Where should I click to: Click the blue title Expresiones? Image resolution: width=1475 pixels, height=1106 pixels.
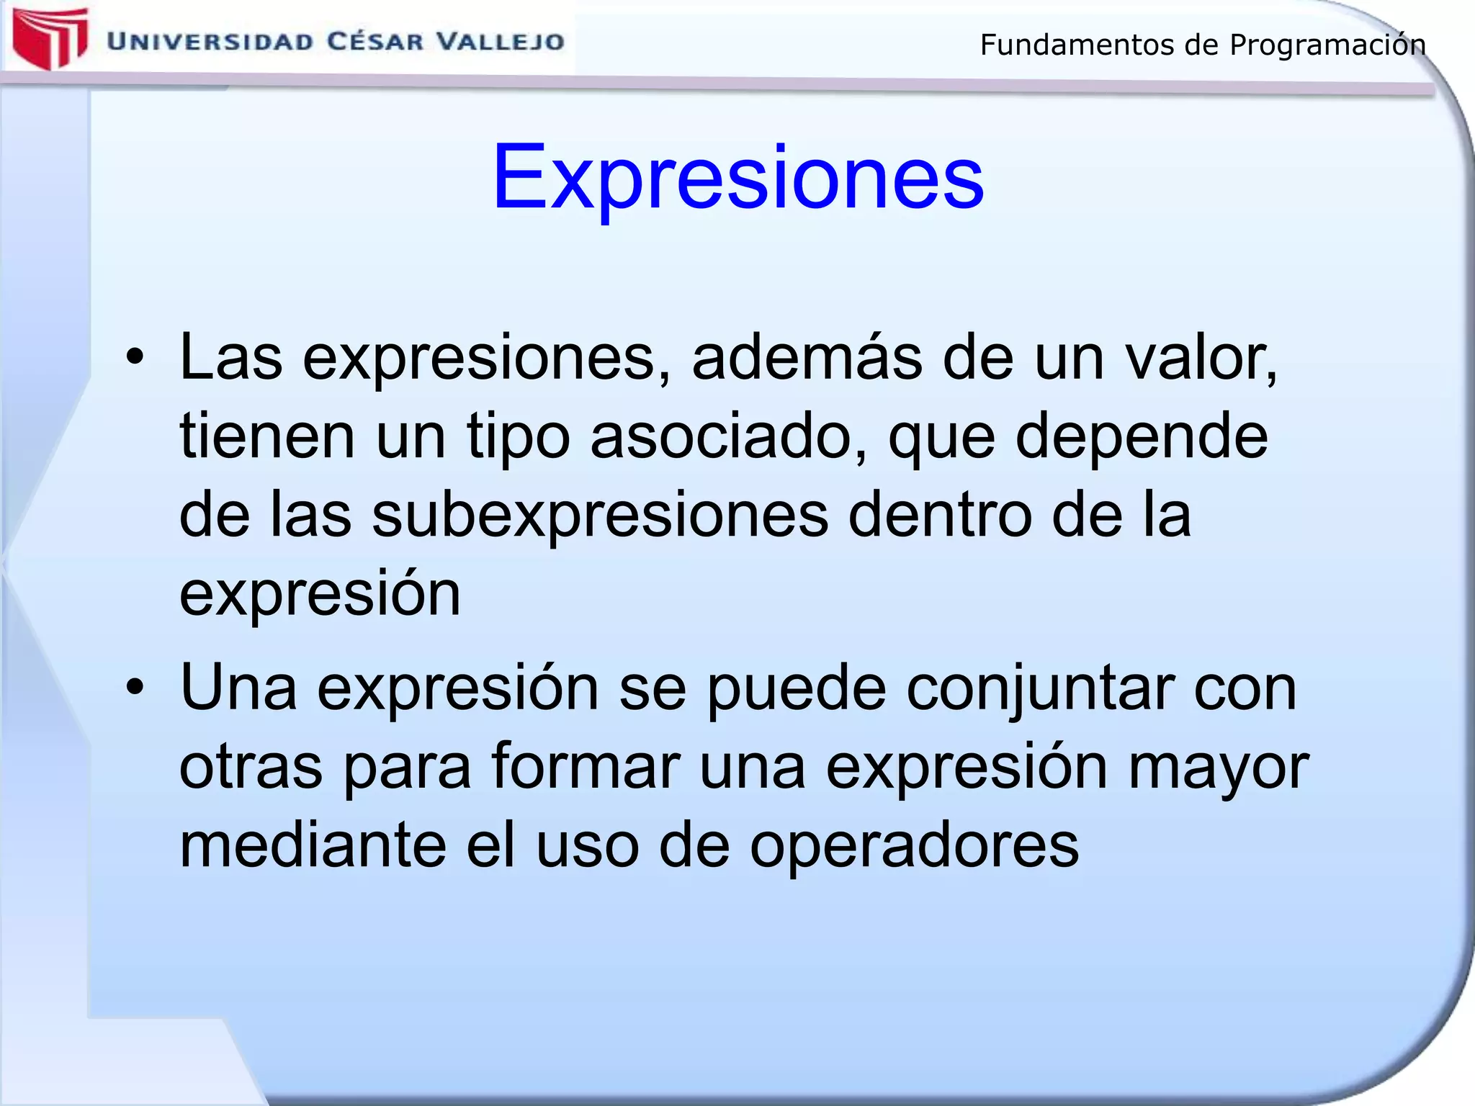737,176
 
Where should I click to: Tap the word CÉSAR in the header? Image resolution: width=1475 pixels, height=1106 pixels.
376,41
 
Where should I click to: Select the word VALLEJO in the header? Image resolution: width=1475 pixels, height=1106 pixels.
501,41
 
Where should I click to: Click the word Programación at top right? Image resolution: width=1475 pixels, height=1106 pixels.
1327,45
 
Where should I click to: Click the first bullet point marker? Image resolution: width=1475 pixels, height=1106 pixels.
135,357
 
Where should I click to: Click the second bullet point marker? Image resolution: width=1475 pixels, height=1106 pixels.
135,687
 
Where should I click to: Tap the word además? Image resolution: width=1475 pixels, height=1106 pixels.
807,357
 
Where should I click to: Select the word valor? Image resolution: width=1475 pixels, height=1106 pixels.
1201,357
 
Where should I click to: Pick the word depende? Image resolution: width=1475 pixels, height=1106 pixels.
1142,436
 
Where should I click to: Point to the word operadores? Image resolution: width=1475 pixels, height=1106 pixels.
914,846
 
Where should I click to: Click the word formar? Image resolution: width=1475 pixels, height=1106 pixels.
586,766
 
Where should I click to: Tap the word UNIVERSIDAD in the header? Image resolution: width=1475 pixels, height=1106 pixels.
210,41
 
